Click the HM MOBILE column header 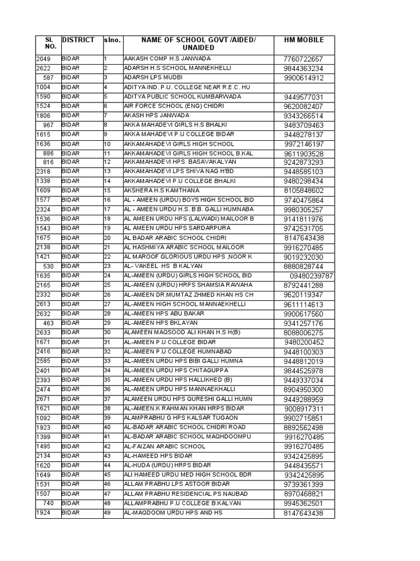pyautogui.click(x=304, y=40)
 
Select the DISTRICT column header pyautogui.click(x=78, y=40)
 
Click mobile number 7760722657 pyautogui.click(x=304, y=59)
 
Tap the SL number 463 pyautogui.click(x=48, y=323)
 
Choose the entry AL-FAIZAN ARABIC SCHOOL pyautogui.click(x=165, y=446)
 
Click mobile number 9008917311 pyautogui.click(x=304, y=409)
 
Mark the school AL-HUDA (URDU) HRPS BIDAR pyautogui.click(x=159, y=465)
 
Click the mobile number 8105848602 pyautogui.click(x=304, y=191)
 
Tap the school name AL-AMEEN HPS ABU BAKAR pyautogui.click(x=164, y=313)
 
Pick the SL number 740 pyautogui.click(x=48, y=503)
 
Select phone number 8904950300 pyautogui.click(x=304, y=390)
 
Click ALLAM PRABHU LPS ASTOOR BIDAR pyautogui.click(x=170, y=484)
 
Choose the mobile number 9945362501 pyautogui.click(x=304, y=503)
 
